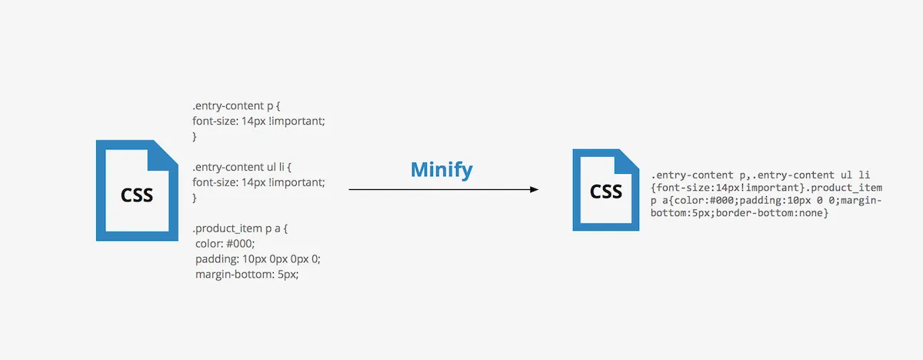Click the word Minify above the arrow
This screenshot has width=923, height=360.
[x=442, y=169]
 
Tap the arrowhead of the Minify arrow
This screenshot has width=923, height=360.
[x=533, y=189]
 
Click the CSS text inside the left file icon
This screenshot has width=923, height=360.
[x=137, y=195]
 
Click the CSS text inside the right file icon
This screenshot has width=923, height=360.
[x=606, y=191]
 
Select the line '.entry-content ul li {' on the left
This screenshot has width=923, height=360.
[x=239, y=166]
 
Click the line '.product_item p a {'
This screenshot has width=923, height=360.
[x=239, y=228]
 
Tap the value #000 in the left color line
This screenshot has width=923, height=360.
[x=242, y=243]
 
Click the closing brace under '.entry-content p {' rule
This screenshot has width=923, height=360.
[x=195, y=136]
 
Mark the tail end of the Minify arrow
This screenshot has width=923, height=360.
[x=351, y=189]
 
